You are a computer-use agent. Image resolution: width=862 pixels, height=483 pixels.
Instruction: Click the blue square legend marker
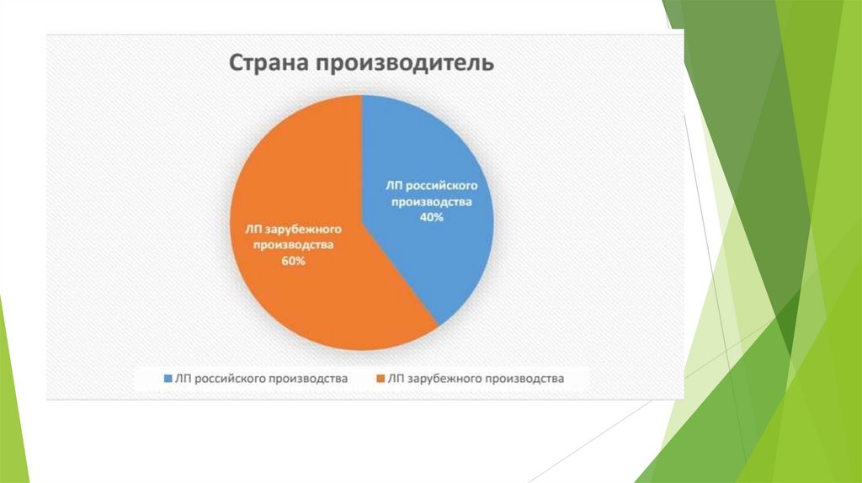click(168, 379)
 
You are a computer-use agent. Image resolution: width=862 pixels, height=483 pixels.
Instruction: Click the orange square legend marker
click(380, 379)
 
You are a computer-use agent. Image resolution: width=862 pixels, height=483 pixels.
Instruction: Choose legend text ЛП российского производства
click(261, 379)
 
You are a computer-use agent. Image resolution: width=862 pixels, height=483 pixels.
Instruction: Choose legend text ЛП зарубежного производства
click(476, 379)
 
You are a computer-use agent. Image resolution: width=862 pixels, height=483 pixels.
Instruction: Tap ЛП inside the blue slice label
click(395, 186)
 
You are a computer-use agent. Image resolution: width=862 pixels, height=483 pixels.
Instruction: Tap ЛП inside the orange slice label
click(254, 230)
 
